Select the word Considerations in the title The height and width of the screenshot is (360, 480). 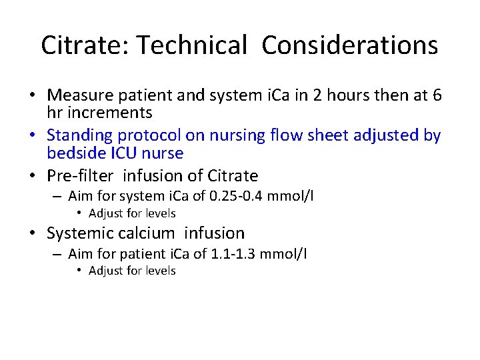(x=350, y=45)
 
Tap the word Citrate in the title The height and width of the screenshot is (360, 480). (x=75, y=45)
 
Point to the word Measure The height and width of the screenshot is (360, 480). (x=81, y=96)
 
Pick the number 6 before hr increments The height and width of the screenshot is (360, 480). (x=436, y=96)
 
